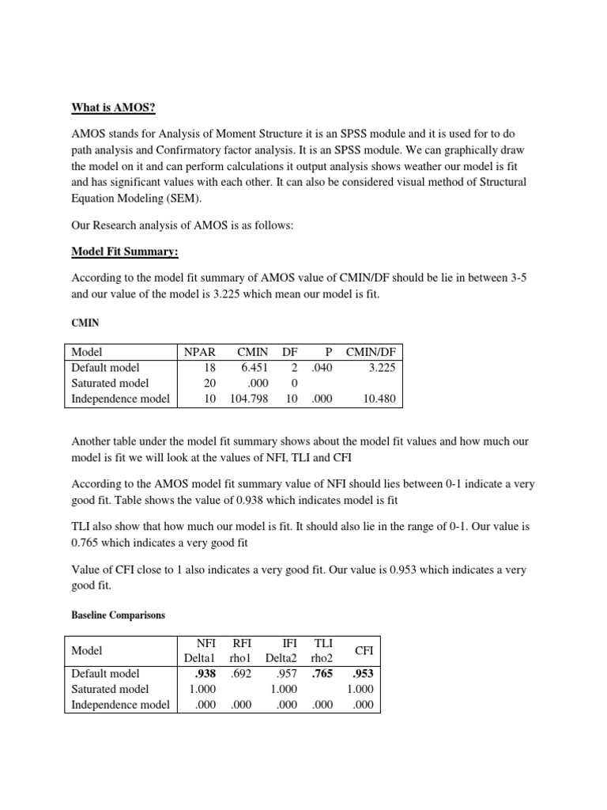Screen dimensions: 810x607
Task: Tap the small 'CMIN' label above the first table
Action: click(x=83, y=324)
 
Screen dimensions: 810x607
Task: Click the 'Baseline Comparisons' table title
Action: click(x=118, y=615)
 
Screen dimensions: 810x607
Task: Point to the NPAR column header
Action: click(x=199, y=352)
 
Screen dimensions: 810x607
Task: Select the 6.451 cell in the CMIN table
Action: click(x=254, y=368)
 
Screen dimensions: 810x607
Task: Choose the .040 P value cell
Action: click(x=322, y=368)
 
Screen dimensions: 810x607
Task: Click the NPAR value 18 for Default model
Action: click(x=209, y=368)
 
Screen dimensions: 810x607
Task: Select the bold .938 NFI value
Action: click(x=206, y=674)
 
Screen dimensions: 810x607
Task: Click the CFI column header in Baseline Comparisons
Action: click(x=364, y=650)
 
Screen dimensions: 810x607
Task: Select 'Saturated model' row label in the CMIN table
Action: click(x=110, y=384)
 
